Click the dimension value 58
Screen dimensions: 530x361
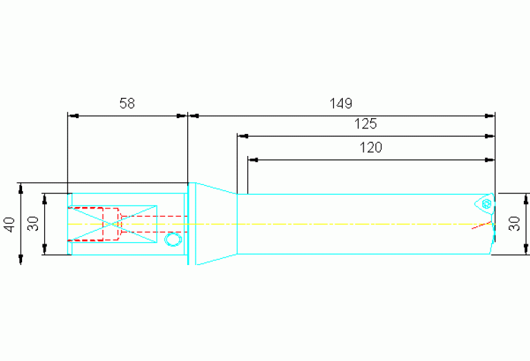click(127, 103)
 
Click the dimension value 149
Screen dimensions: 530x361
click(341, 103)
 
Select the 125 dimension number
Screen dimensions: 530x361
click(366, 124)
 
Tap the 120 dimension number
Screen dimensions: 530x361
click(370, 148)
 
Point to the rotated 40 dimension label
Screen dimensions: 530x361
click(10, 224)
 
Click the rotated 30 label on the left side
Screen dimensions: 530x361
click(33, 224)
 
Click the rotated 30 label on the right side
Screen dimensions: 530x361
click(514, 224)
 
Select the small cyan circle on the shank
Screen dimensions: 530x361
click(173, 239)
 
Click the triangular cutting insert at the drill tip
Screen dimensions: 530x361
click(484, 204)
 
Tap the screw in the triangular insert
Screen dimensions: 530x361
click(486, 204)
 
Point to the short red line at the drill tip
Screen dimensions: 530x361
click(482, 225)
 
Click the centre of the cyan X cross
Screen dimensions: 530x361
click(112, 224)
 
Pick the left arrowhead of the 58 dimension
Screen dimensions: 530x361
click(73, 116)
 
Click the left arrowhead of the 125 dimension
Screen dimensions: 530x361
click(243, 136)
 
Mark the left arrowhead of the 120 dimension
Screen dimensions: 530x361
click(253, 159)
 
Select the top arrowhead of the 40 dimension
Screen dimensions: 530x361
click(21, 188)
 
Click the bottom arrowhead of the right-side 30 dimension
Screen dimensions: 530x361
click(526, 249)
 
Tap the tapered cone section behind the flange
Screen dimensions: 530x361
click(216, 224)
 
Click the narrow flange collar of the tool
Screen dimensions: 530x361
click(192, 224)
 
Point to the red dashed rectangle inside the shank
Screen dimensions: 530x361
click(93, 224)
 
